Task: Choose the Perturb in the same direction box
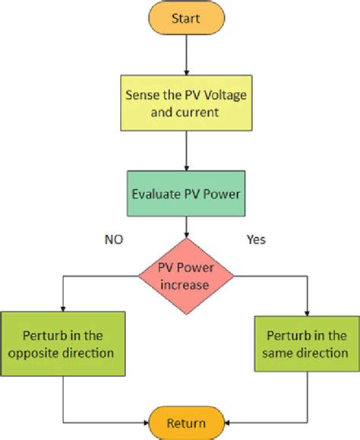[x=308, y=343]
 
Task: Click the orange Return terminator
[x=185, y=423]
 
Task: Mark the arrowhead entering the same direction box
[x=308, y=309]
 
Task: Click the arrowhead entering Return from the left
[x=145, y=423]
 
